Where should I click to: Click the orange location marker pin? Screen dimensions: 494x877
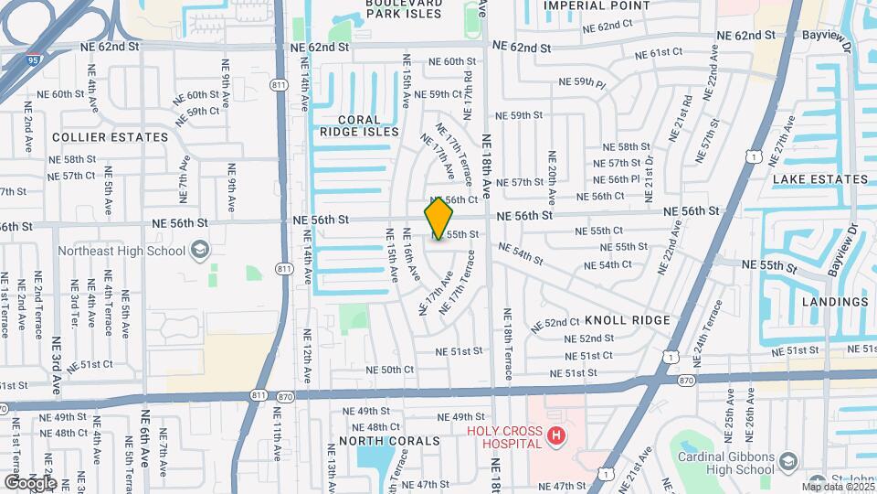438,219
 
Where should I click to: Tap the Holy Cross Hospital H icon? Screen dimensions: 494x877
555,438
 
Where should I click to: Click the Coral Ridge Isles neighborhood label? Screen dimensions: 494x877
359,125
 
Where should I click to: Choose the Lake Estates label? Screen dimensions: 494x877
820,179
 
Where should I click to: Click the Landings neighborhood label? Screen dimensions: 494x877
834,302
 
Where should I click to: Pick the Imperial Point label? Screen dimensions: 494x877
597,5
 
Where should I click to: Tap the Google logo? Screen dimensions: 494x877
29,482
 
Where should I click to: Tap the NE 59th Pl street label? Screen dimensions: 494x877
583,83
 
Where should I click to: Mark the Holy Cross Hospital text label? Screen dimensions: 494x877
504,438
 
